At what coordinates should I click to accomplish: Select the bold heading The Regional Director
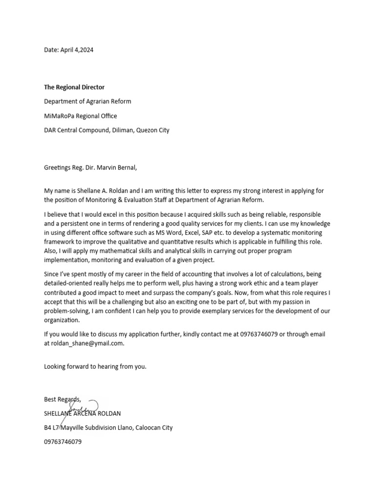pyautogui.click(x=74, y=87)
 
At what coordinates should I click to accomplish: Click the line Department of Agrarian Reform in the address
pyautogui.click(x=87, y=102)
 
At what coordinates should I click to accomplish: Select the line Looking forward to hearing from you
pyautogui.click(x=95, y=366)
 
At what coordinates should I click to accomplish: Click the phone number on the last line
pyautogui.click(x=63, y=442)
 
